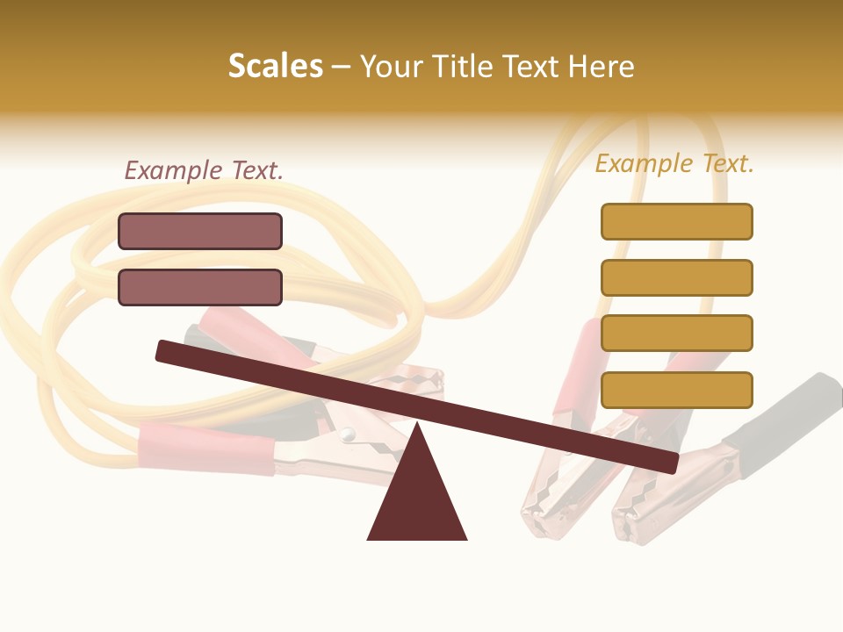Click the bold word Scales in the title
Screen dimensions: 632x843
click(x=276, y=67)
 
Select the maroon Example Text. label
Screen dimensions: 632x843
click(x=204, y=170)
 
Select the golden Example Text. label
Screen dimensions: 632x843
click(x=674, y=163)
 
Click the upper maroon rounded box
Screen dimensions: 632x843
click(x=200, y=232)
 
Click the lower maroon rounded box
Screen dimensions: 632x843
click(x=200, y=287)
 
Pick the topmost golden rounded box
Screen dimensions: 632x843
click(x=676, y=221)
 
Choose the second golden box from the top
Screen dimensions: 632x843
click(x=676, y=277)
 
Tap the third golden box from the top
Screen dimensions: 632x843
click(x=676, y=334)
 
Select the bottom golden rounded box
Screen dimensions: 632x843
click(x=676, y=390)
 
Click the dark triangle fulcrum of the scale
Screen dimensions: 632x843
click(x=417, y=496)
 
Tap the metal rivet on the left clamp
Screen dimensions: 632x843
click(x=349, y=434)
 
